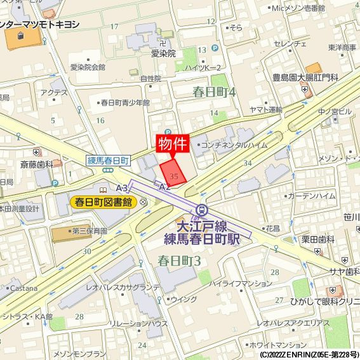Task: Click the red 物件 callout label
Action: point(173,144)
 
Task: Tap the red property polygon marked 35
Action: point(172,172)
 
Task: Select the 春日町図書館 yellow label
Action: point(103,203)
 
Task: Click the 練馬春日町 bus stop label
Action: point(108,161)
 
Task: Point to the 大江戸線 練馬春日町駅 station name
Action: point(202,232)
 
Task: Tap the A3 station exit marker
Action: point(122,188)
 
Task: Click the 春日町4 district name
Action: point(214,92)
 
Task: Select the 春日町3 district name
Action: point(179,260)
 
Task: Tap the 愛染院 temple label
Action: point(163,54)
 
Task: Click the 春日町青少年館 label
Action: point(125,102)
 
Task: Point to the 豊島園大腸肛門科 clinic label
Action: point(305,77)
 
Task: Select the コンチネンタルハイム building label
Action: point(234,145)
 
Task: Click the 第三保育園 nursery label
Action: point(90,232)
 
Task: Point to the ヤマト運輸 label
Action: point(265,110)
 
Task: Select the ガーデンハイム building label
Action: point(311,196)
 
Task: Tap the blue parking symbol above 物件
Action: point(168,132)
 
